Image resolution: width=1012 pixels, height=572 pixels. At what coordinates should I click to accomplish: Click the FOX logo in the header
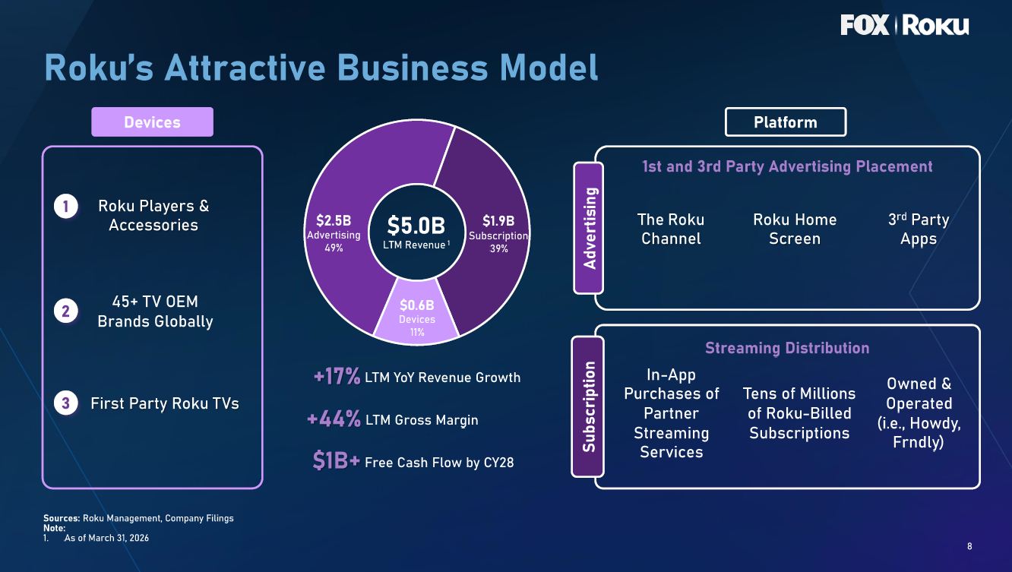[x=865, y=25]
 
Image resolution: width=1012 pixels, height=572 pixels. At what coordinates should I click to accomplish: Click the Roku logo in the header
[x=936, y=25]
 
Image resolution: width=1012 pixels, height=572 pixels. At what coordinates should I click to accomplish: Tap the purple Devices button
[x=152, y=122]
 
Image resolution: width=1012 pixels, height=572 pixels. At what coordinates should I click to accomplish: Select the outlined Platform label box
[x=786, y=122]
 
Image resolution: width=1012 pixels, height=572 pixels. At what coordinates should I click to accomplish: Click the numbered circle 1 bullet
[x=66, y=207]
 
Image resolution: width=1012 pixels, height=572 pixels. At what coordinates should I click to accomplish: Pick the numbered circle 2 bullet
[x=66, y=311]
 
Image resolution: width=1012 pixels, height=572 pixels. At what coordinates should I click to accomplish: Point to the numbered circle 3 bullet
[x=66, y=403]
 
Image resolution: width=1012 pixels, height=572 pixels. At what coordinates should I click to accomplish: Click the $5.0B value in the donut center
[x=416, y=226]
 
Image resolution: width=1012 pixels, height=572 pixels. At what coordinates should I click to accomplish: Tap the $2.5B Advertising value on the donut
[x=334, y=220]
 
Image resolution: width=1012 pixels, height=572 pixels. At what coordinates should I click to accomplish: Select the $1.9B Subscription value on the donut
[x=498, y=221]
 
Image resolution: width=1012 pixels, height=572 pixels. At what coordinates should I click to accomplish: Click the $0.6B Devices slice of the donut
[x=416, y=311]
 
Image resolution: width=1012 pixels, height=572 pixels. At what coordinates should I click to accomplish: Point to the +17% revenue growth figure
[x=337, y=376]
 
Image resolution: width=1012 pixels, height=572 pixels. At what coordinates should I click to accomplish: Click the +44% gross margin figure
[x=334, y=419]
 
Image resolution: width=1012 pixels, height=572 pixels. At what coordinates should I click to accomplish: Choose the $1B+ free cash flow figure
[x=336, y=461]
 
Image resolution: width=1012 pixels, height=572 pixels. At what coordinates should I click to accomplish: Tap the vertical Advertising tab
[x=589, y=228]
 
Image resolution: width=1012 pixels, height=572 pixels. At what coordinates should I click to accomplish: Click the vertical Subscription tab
[x=588, y=406]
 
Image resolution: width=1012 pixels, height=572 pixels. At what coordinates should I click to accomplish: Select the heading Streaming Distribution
[x=787, y=348]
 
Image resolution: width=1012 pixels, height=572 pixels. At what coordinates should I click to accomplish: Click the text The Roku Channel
[x=671, y=229]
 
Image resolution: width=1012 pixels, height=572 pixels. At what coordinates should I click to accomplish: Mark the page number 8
[x=969, y=546]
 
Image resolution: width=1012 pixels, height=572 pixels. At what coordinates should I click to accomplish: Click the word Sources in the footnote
[x=62, y=518]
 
